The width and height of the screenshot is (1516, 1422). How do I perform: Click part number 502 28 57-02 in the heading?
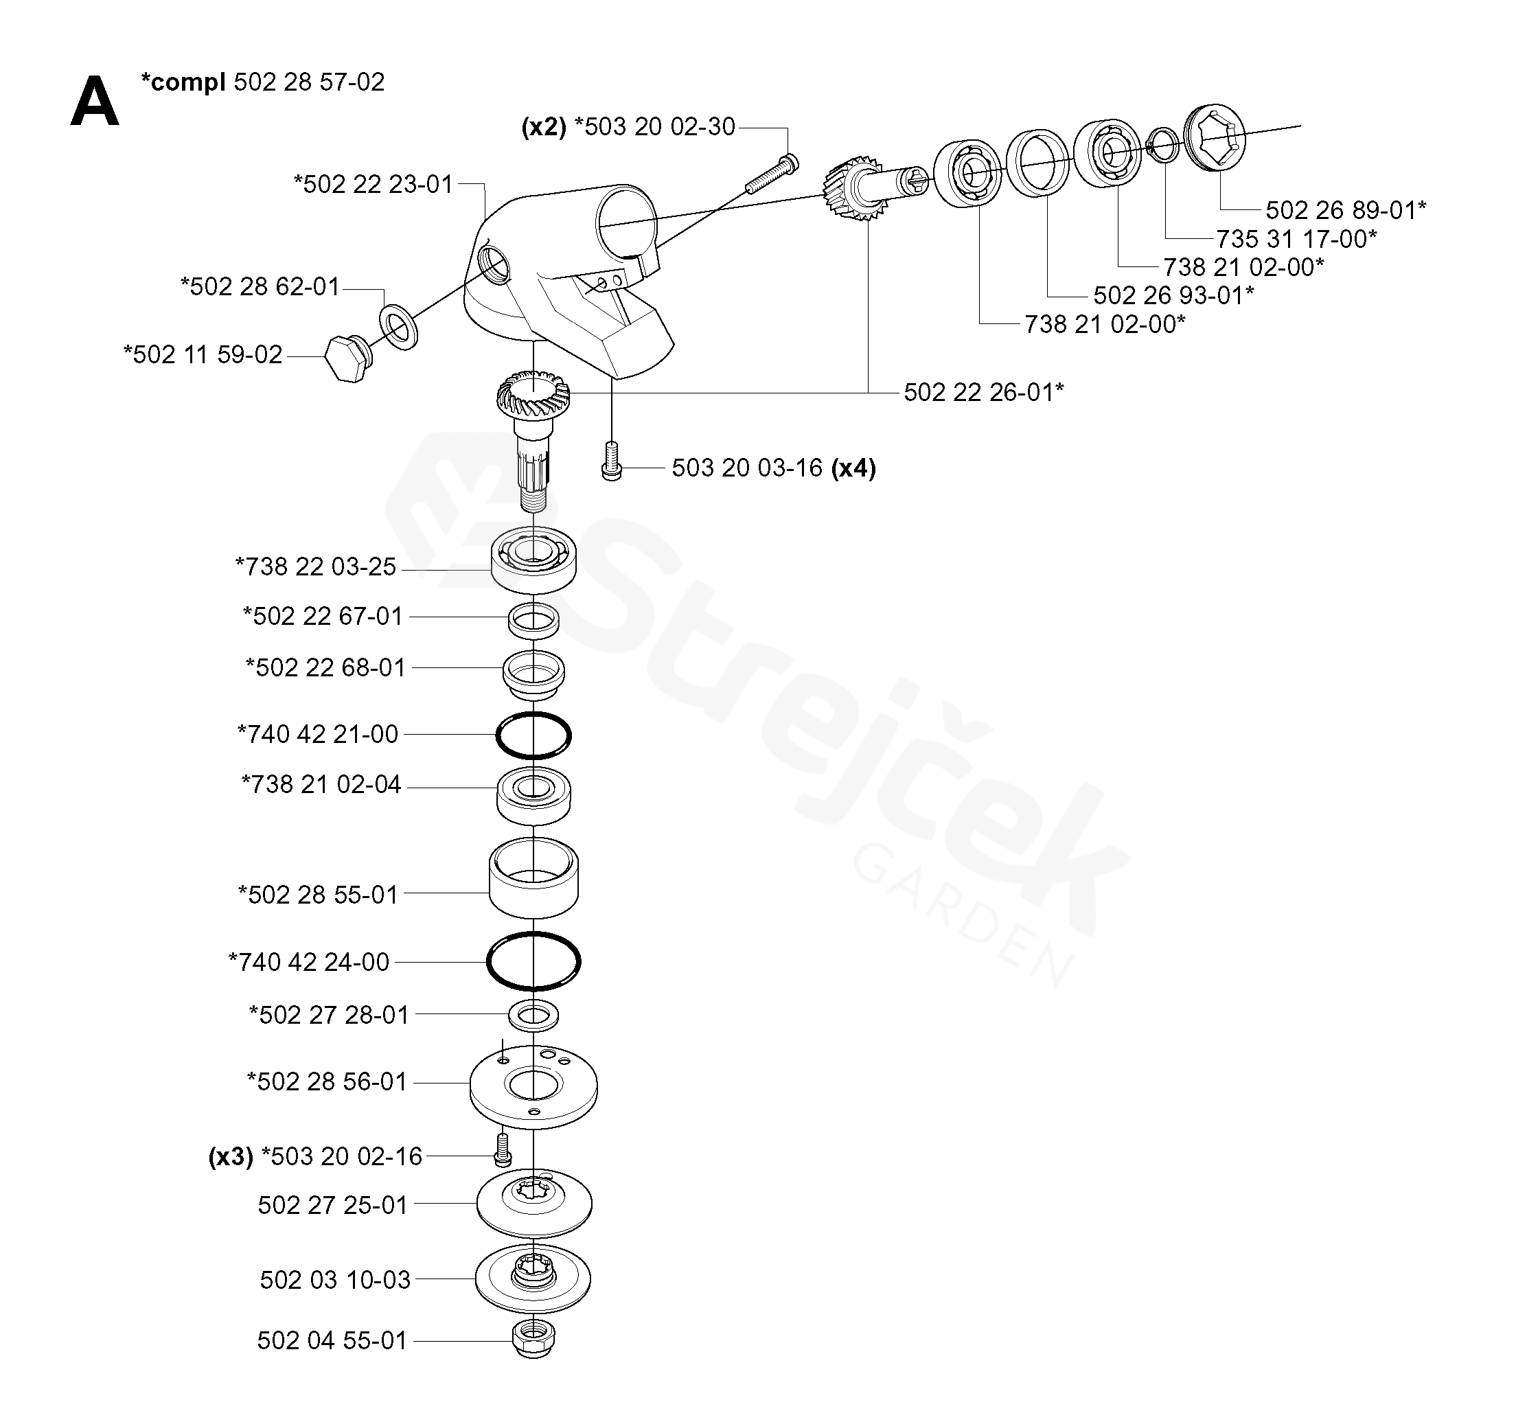(309, 82)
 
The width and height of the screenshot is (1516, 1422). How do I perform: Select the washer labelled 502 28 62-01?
(398, 327)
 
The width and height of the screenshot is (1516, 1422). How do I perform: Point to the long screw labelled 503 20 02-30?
(771, 174)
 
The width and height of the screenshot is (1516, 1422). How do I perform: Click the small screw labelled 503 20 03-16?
(612, 461)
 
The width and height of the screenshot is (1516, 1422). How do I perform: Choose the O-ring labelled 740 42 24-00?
(533, 961)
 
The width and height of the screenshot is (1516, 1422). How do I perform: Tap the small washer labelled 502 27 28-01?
(533, 1015)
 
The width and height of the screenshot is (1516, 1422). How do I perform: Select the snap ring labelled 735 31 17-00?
(1162, 144)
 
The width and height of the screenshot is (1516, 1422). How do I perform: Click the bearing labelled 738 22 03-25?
(533, 560)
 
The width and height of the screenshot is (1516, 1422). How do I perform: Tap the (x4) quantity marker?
(853, 468)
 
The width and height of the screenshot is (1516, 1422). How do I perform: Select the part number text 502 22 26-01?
(983, 392)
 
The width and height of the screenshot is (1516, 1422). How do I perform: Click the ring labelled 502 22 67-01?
(533, 619)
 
